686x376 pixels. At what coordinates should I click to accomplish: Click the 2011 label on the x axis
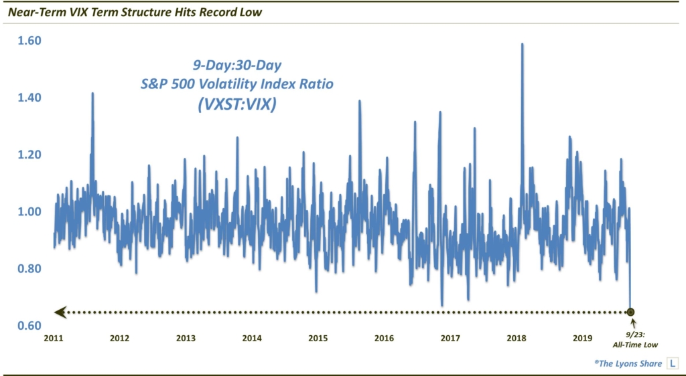click(x=54, y=338)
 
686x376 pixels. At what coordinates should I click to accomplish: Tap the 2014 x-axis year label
click(x=252, y=338)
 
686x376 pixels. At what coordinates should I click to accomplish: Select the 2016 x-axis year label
click(x=384, y=338)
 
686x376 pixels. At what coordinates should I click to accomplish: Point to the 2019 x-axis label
click(x=582, y=338)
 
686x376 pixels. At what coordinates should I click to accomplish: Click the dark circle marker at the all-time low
click(x=630, y=312)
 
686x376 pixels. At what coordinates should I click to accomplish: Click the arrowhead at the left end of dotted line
click(x=60, y=312)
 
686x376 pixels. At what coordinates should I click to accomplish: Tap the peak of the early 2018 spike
click(x=522, y=44)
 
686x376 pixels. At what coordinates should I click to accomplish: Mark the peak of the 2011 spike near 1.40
click(x=92, y=94)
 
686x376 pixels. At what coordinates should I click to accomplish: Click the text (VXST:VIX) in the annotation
click(x=233, y=104)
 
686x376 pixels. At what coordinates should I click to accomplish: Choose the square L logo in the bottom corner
click(x=672, y=363)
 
